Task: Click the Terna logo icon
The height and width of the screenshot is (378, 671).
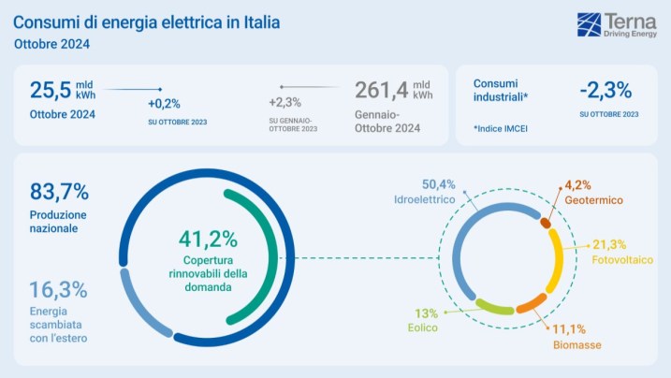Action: (x=590, y=24)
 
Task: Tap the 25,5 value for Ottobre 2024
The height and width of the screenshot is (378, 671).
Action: (x=51, y=91)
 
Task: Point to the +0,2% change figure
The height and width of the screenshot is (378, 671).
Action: (x=164, y=104)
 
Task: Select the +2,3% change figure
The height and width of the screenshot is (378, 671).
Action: (x=284, y=103)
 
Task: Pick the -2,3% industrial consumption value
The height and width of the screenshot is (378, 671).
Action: (x=605, y=90)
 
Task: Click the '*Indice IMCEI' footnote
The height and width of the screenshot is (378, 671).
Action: (x=501, y=128)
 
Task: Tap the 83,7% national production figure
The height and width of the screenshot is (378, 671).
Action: (x=59, y=192)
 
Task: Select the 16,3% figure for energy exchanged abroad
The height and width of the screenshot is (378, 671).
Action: (x=58, y=289)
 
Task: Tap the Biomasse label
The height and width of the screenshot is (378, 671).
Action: (x=575, y=344)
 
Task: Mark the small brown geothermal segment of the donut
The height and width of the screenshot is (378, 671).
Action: (x=546, y=223)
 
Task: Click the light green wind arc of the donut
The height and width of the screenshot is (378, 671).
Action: (x=493, y=306)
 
